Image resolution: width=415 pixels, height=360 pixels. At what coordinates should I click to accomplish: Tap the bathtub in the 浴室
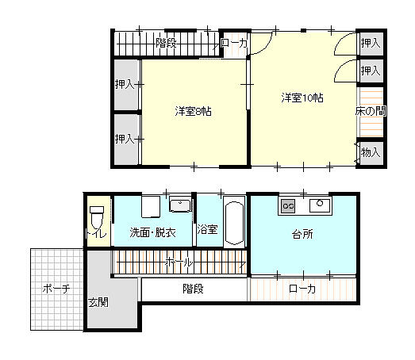[x=234, y=222]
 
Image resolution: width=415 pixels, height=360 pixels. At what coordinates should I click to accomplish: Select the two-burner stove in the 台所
[x=288, y=205]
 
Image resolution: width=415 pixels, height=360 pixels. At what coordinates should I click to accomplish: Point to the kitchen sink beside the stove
[x=320, y=205]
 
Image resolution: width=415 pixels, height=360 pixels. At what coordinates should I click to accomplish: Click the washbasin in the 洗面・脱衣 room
[x=180, y=206]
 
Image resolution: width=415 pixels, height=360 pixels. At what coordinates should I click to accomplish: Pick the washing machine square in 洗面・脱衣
[x=151, y=207]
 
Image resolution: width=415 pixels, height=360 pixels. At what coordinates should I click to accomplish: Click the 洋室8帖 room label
[x=193, y=111]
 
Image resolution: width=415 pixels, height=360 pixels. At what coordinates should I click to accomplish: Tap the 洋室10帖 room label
[x=302, y=98]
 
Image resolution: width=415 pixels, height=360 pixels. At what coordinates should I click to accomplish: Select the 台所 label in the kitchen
[x=302, y=234]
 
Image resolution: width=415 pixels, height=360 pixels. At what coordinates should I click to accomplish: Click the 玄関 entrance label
[x=98, y=302]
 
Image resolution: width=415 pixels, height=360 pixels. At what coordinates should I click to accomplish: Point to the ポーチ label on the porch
[x=56, y=289]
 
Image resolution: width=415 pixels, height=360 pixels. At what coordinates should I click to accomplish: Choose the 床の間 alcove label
[x=371, y=111]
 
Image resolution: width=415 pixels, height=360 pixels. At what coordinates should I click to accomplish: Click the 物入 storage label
[x=371, y=152]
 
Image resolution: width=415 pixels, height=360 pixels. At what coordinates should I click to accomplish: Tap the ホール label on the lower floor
[x=179, y=262]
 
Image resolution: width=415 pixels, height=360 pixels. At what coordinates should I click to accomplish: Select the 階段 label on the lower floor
[x=193, y=289]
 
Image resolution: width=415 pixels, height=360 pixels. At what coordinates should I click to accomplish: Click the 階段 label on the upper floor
[x=166, y=43]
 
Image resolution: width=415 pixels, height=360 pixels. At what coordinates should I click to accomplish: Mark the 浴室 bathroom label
[x=208, y=229]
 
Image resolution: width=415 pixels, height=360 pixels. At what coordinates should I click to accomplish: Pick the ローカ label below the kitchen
[x=302, y=289]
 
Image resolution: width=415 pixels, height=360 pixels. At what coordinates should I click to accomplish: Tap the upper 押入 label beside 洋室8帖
[x=125, y=84]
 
